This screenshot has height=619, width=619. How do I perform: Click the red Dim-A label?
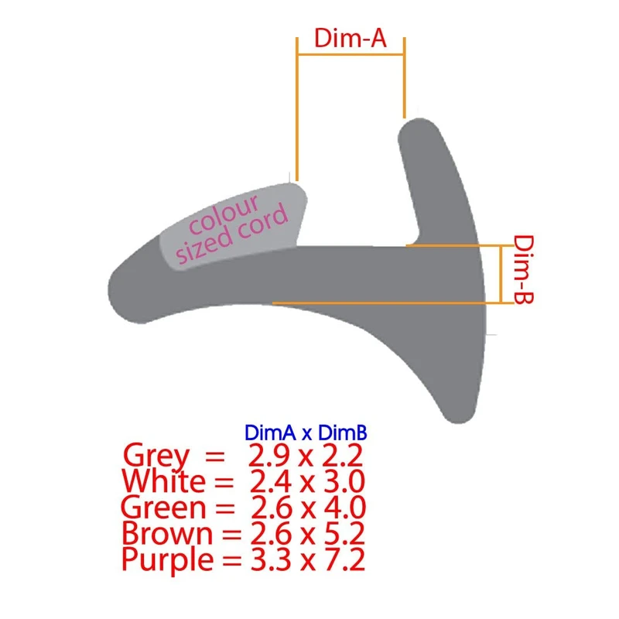pyautogui.click(x=350, y=39)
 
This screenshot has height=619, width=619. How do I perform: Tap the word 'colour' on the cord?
pyautogui.click(x=224, y=216)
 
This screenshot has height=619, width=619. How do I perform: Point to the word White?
pyautogui.click(x=164, y=481)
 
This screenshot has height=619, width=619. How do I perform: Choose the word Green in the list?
pyautogui.click(x=164, y=508)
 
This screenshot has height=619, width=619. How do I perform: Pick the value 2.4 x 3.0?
pyautogui.click(x=306, y=481)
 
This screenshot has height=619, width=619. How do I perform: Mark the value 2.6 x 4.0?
pyautogui.click(x=306, y=508)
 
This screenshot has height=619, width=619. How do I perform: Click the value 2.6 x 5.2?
pyautogui.click(x=306, y=533)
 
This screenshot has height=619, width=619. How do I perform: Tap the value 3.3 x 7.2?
pyautogui.click(x=306, y=559)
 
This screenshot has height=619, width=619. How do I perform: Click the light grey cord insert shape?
pyautogui.click(x=232, y=224)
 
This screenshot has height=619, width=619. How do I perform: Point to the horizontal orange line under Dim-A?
pyautogui.click(x=350, y=54)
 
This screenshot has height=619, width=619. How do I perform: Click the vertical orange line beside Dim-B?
pyautogui.click(x=502, y=274)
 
